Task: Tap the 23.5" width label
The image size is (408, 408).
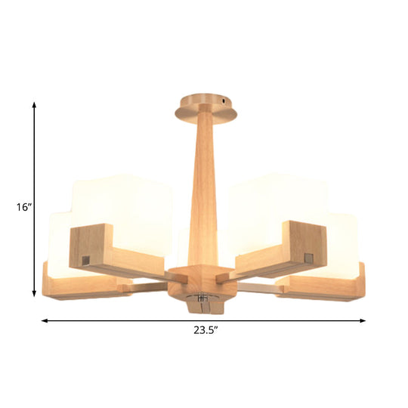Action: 204,329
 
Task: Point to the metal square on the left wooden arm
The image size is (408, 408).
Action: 85,259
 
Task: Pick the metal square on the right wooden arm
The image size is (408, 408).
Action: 308,258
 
